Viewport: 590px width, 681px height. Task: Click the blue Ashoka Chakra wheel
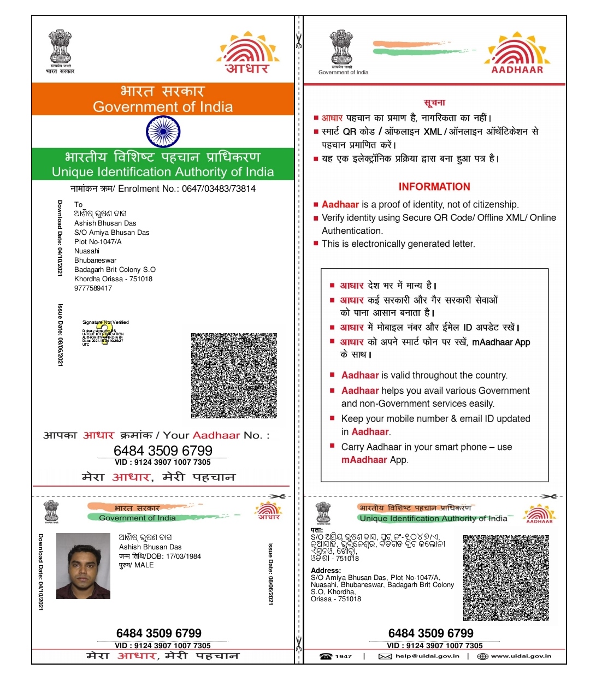[x=163, y=132]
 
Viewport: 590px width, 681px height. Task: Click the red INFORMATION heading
[x=434, y=187]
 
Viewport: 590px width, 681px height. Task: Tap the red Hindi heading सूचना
[x=434, y=103]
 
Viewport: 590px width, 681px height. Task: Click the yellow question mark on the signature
[x=105, y=333]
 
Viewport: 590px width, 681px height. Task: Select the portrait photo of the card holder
[x=83, y=566]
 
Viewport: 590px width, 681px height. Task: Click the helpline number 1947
[x=344, y=656]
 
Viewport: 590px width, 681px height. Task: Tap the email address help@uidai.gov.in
[x=427, y=656]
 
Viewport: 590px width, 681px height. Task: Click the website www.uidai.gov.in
[x=521, y=656]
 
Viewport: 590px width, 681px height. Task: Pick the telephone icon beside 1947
[x=326, y=656]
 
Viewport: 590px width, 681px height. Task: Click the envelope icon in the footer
[x=385, y=656]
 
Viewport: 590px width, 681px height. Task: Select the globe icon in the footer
[x=482, y=656]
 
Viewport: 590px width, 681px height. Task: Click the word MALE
[x=144, y=565]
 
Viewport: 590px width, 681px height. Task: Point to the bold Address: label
[x=326, y=571]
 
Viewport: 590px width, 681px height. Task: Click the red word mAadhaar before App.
[x=364, y=460]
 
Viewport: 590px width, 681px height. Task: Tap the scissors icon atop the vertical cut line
[x=298, y=41]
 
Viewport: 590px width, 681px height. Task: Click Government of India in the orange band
[x=163, y=107]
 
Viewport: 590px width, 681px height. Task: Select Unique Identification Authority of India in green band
[x=163, y=172]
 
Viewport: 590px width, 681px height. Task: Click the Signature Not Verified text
[x=106, y=322]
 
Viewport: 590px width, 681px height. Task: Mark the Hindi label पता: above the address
[x=317, y=530]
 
